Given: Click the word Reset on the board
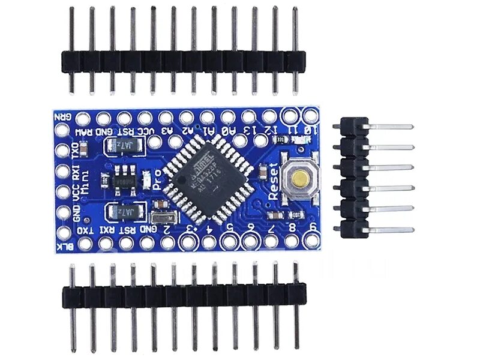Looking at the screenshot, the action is coord(274,181).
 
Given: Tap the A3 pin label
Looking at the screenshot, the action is coord(167,130).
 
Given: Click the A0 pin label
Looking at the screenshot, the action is coord(228,130).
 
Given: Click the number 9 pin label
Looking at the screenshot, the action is coord(313,227).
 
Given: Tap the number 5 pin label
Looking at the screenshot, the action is coord(229,227).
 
